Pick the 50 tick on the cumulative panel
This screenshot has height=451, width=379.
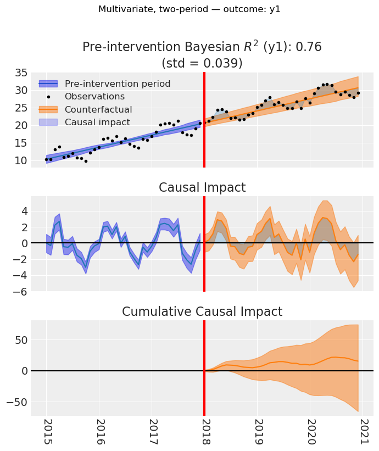19,340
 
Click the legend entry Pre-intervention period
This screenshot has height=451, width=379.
118,84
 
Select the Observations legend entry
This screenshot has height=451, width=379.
95,97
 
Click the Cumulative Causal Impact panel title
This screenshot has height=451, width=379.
202,312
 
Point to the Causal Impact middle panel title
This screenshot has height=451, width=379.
202,188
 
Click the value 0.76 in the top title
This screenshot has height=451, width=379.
310,47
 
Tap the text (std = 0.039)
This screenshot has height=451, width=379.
202,63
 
